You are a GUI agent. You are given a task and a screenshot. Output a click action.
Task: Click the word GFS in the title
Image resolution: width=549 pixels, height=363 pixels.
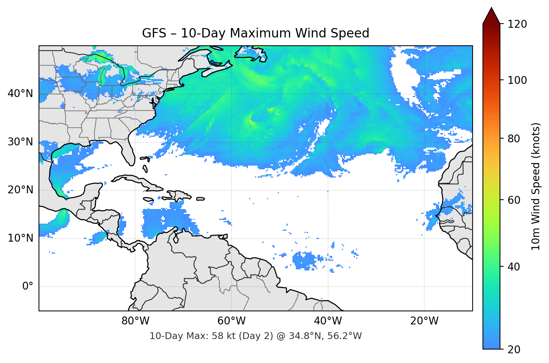[154, 33]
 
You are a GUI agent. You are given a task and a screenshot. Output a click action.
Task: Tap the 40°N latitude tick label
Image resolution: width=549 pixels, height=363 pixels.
[20, 94]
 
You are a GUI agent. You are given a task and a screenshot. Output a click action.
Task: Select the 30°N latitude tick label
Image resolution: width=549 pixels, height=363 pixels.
[20, 142]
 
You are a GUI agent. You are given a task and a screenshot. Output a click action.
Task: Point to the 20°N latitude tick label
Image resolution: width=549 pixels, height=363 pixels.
[20, 190]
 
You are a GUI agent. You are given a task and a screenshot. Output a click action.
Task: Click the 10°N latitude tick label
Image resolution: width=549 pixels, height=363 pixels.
[20, 238]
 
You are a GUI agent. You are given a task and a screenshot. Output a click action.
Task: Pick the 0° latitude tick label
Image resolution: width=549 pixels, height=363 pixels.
[27, 287]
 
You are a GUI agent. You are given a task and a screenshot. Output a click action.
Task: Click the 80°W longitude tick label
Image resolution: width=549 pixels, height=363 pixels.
[135, 321]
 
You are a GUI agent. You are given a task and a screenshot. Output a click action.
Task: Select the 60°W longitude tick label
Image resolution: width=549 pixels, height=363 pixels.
[231, 321]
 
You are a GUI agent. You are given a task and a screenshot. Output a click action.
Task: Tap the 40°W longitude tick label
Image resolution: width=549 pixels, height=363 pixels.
[328, 321]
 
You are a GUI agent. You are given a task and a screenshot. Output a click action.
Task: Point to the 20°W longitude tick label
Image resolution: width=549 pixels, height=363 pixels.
[424, 321]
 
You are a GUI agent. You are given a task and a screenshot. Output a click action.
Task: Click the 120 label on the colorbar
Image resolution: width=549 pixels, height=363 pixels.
[517, 24]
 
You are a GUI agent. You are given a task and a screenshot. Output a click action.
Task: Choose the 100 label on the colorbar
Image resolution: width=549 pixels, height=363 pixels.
[517, 80]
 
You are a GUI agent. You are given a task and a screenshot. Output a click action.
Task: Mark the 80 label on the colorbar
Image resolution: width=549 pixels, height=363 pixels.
[514, 139]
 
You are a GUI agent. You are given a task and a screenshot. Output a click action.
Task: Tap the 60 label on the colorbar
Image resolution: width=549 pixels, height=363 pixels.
[514, 200]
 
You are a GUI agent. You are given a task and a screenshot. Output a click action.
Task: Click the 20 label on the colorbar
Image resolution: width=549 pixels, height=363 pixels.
[514, 350]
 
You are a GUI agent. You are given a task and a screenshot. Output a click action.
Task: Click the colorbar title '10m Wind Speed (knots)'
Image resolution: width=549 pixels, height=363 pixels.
[536, 186]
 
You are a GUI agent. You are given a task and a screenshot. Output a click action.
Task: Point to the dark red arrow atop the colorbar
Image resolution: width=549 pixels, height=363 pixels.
[491, 16]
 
